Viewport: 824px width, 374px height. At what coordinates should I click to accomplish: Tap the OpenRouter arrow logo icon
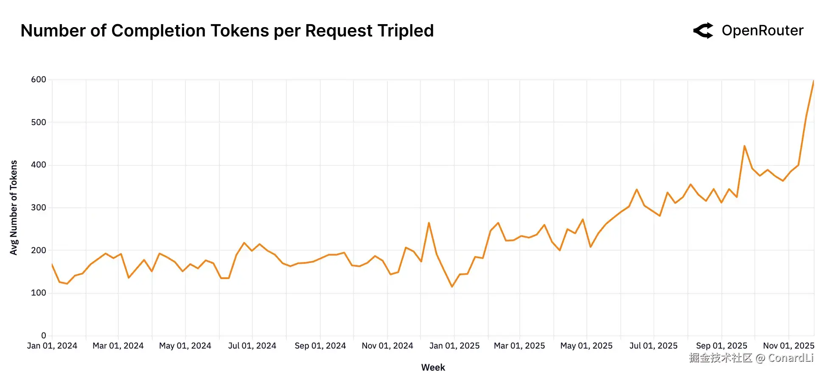(x=703, y=31)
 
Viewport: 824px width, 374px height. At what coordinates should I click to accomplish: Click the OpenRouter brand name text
(x=762, y=31)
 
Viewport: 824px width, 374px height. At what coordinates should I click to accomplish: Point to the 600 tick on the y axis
(x=39, y=80)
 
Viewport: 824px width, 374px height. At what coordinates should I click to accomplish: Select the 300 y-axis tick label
(x=39, y=208)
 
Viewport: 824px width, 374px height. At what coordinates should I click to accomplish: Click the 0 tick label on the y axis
(x=44, y=336)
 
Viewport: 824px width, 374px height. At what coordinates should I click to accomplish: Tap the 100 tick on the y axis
(x=39, y=293)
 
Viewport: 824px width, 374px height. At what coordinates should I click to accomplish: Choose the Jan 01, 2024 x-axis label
(x=52, y=346)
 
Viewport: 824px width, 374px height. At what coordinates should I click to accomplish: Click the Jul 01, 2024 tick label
(x=252, y=346)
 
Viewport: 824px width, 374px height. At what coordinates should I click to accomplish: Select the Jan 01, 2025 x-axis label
(x=454, y=346)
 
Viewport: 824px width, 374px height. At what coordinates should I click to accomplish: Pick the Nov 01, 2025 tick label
(x=788, y=346)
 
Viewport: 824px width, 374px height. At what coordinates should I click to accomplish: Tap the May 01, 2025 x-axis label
(x=586, y=346)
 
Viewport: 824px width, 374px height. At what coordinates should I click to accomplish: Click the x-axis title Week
(x=433, y=368)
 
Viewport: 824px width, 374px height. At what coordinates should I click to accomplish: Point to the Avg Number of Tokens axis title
(x=14, y=208)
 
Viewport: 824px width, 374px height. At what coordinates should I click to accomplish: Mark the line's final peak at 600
(x=813, y=81)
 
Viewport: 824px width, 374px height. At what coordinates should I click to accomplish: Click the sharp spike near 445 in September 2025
(x=744, y=146)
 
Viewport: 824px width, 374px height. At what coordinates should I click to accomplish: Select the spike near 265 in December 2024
(x=429, y=223)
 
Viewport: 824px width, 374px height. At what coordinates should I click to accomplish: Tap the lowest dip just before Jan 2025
(x=452, y=287)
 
